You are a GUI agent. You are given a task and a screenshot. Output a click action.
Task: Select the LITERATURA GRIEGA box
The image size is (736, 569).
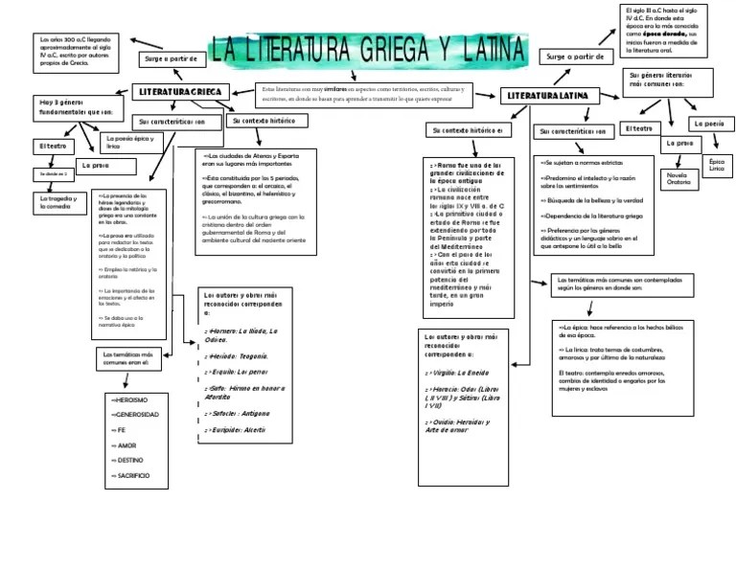(178, 92)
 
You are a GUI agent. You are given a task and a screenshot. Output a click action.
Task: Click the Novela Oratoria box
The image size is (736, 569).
(678, 180)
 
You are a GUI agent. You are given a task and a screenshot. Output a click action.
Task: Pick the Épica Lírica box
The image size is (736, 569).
(717, 166)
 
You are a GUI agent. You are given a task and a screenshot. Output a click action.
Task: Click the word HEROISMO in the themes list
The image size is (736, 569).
(128, 399)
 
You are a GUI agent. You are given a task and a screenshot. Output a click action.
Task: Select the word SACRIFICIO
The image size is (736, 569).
(130, 475)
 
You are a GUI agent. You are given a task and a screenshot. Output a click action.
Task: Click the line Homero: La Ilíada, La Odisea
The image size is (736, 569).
(241, 334)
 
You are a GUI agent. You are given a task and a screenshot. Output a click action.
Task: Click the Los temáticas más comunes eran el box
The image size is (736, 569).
(130, 358)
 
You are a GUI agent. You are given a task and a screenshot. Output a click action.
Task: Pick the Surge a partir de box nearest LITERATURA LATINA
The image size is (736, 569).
(579, 57)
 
